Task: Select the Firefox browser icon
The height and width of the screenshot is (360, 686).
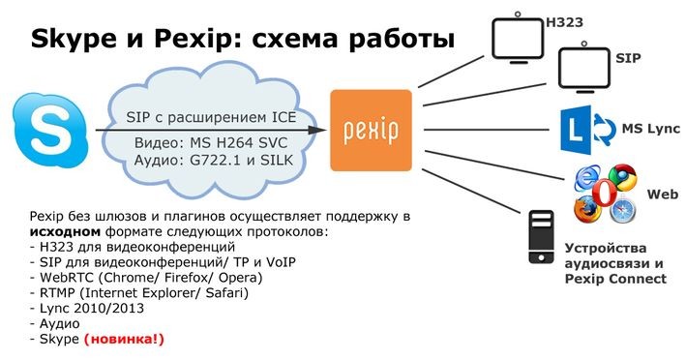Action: point(585,208)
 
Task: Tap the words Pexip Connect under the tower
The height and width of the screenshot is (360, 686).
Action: point(615,279)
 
